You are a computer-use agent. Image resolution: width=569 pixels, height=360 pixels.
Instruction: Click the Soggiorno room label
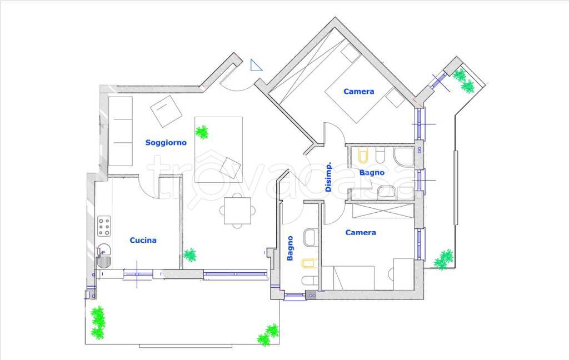166,143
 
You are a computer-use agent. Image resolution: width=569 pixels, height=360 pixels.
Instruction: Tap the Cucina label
143,240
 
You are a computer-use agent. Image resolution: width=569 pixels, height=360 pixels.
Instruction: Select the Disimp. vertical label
328,177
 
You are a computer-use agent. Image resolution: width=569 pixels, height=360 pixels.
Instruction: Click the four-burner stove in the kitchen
104,226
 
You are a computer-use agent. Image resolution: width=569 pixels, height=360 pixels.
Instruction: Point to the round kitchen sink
104,250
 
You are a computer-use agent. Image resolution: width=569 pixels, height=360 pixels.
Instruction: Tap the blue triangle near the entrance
256,66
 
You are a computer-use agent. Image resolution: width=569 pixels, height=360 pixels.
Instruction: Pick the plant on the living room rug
202,132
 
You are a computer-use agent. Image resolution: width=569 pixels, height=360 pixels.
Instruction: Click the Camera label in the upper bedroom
358,92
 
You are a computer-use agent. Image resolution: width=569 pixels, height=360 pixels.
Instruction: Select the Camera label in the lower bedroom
360,233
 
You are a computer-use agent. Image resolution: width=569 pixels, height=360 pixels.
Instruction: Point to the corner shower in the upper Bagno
404,157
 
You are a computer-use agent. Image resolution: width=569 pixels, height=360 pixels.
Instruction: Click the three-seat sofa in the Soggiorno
120,131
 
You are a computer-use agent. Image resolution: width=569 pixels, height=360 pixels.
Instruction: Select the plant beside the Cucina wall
189,255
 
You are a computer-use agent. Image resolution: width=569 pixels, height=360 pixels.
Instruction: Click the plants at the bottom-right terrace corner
268,335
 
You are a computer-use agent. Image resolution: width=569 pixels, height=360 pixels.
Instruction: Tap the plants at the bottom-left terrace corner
98,323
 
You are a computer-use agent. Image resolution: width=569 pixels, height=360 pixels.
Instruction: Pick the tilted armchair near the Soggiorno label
166,112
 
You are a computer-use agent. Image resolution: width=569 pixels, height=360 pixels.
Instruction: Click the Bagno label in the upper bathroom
372,173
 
